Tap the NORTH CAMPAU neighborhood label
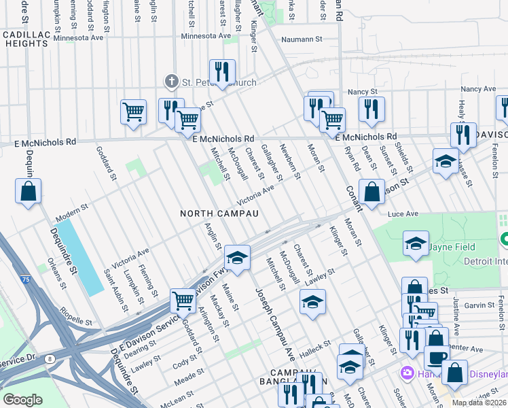(x=219, y=214)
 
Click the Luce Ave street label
(x=403, y=214)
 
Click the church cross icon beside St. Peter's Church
(x=172, y=82)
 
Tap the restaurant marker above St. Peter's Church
(x=221, y=72)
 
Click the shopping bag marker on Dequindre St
(x=29, y=192)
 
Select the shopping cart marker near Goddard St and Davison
(x=183, y=299)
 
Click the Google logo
(x=22, y=400)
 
